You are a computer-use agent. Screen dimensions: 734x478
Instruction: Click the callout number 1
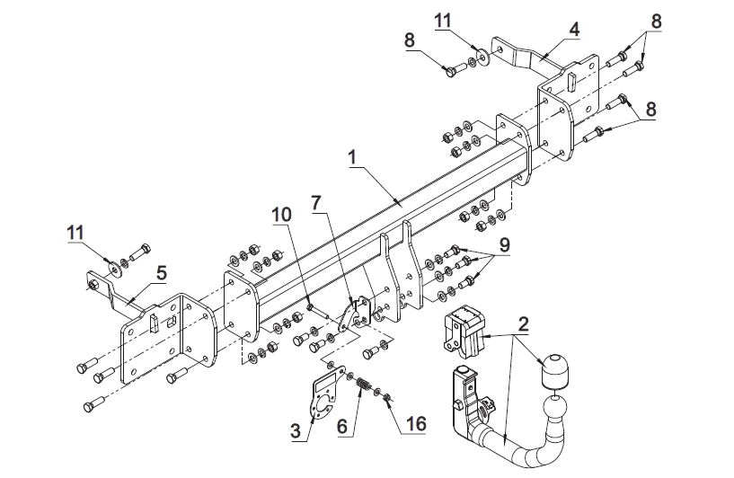(352, 158)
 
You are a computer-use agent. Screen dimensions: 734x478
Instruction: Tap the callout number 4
(574, 29)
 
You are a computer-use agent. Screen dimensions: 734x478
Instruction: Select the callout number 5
(161, 273)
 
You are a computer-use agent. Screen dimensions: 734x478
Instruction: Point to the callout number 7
(316, 203)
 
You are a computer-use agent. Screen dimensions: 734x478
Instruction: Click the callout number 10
(282, 215)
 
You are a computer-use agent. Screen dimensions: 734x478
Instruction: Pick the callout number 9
(504, 244)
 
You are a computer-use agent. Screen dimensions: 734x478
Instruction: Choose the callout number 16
(416, 424)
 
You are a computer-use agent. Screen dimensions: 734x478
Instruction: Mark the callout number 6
(342, 427)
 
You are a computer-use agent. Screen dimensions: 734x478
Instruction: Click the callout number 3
(296, 430)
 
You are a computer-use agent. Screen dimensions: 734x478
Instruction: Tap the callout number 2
(524, 323)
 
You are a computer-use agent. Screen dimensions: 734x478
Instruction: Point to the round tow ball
(554, 405)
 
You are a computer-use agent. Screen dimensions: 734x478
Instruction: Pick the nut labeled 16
(386, 398)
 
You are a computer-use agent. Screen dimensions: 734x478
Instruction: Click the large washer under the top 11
(482, 58)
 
